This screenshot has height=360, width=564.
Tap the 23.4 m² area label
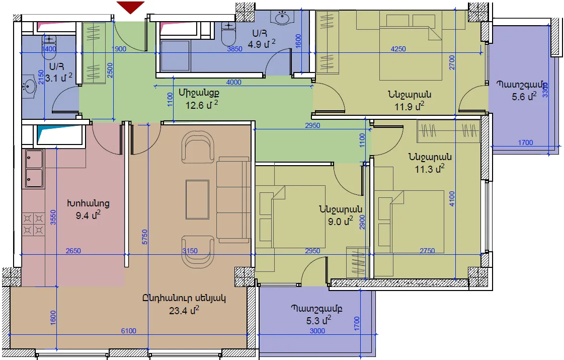coord(184,310)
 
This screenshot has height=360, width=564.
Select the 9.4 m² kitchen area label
coord(88,215)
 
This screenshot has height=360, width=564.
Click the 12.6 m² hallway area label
coord(202,105)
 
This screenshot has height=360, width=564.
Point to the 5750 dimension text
coord(144,237)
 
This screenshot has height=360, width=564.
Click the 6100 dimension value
coord(128,331)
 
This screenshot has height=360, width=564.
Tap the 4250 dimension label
coord(398,49)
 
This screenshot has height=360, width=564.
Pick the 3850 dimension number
coord(234,49)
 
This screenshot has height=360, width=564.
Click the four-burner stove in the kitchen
coord(33,224)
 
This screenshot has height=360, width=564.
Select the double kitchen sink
coord(34,169)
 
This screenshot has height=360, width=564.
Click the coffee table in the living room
coord(197,199)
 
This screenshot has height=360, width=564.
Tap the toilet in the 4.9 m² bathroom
coord(228,35)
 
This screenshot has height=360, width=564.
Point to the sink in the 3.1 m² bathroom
coord(29,87)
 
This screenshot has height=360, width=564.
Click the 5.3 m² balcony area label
coord(318,320)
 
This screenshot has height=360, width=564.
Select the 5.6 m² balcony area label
coord(524,96)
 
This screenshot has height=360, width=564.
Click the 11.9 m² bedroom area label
coord(410,106)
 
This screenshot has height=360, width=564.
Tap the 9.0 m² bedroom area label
coord(340,221)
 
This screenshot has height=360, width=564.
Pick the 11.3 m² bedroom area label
coord(430,169)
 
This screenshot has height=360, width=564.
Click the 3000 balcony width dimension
coord(317,331)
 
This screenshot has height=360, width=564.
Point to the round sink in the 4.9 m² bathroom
coord(282,17)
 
